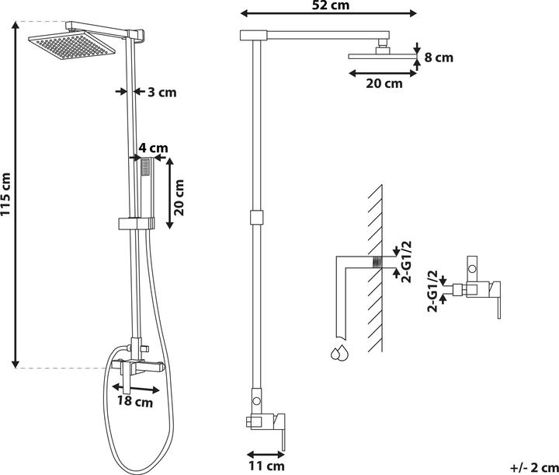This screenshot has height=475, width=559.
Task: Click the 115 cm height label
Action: tap(5, 194)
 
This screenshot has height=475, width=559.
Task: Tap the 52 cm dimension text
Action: tap(331, 5)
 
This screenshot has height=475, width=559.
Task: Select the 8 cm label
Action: tap(439, 58)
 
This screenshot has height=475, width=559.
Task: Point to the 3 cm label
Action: tap(162, 93)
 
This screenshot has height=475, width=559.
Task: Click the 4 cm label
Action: tap(153, 148)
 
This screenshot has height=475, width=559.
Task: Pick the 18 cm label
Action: tap(135, 401)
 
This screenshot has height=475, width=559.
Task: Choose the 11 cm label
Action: tap(266, 466)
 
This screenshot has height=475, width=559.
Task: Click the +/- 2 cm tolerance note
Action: tap(534, 467)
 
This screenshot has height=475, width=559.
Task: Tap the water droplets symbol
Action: tap(339, 353)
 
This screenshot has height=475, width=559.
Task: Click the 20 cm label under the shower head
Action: tap(384, 83)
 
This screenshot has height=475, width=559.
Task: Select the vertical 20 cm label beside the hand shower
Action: tap(179, 197)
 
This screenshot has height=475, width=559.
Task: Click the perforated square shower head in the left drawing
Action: tap(71, 45)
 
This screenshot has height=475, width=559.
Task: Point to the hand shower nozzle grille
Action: tap(146, 167)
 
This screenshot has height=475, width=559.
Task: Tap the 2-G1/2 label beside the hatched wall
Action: tap(406, 262)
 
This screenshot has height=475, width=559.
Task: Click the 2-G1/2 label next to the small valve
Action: tap(432, 292)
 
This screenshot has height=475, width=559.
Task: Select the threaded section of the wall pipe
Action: tap(377, 262)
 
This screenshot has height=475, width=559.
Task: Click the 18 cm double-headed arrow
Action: tap(135, 389)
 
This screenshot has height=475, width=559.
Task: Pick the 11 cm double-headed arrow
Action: tap(266, 455)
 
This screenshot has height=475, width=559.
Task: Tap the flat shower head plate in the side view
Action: tap(383, 57)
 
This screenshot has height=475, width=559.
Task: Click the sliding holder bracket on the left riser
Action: tap(137, 223)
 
